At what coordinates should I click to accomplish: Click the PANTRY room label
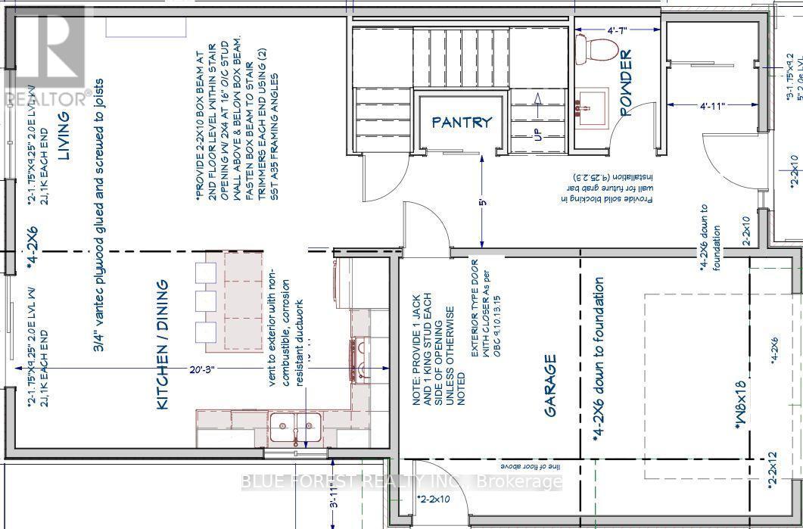[462, 121]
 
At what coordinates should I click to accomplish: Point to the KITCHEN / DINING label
[161, 346]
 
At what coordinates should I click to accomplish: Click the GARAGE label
[551, 385]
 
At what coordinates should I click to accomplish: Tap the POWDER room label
[626, 83]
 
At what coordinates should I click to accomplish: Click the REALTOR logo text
[46, 98]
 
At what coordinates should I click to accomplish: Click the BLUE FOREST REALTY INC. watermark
[401, 481]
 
